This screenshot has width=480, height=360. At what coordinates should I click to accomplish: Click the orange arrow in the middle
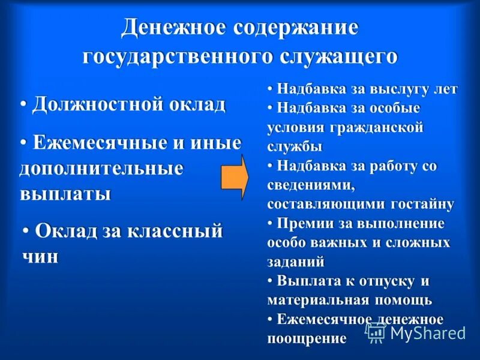235,177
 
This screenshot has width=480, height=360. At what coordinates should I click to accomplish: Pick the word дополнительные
101,169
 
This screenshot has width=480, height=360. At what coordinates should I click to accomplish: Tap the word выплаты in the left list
65,194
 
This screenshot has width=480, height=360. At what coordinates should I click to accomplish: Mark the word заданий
296,262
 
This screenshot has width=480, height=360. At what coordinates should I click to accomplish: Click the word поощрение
307,338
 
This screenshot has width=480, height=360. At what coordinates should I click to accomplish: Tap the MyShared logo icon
376,332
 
